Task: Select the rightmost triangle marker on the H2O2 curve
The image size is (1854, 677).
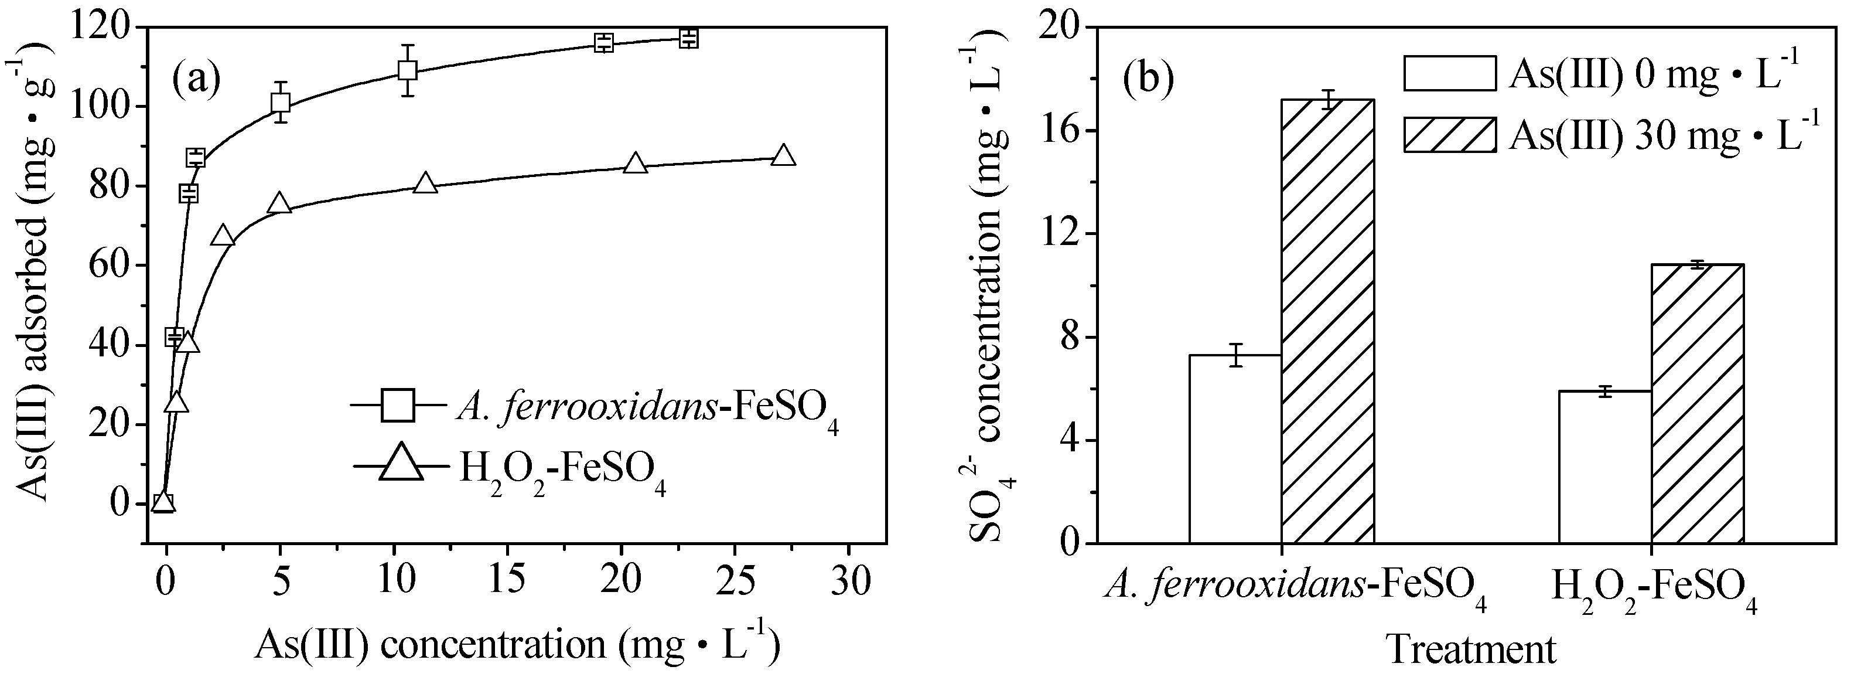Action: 783,155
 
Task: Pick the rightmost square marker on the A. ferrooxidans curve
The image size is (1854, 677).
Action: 689,38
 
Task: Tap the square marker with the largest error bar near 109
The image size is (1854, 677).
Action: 407,70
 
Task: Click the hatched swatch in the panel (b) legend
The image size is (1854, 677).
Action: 1449,135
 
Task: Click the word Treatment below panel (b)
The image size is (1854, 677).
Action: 1470,649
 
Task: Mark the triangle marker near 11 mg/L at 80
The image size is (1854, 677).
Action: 426,183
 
